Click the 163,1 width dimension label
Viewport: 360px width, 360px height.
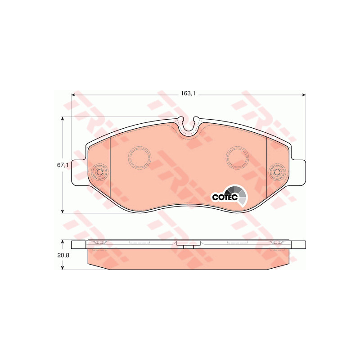click(x=188, y=94)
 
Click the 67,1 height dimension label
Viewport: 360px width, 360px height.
click(x=63, y=165)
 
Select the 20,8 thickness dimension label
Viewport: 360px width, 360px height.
click(x=63, y=255)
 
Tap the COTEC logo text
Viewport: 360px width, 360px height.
click(x=225, y=197)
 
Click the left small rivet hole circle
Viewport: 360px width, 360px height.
click(x=100, y=172)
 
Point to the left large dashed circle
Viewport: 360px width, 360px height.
click(x=139, y=157)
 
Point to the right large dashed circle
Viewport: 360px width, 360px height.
click(x=237, y=157)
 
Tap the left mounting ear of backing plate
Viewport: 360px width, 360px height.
click(x=79, y=173)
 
